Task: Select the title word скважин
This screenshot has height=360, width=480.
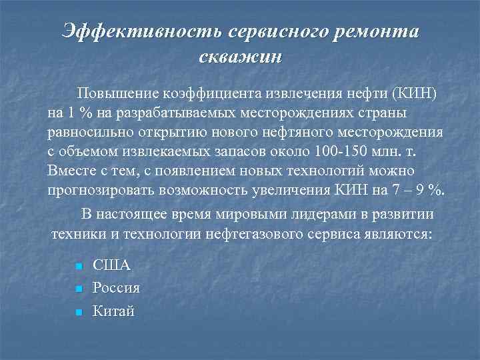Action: (241, 56)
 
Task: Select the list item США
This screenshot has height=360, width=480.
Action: (111, 265)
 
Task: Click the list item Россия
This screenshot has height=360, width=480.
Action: (116, 288)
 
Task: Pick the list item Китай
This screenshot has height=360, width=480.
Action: (113, 310)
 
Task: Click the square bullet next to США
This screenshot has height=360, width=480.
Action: (79, 267)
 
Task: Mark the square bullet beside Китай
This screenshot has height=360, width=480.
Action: (79, 311)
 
